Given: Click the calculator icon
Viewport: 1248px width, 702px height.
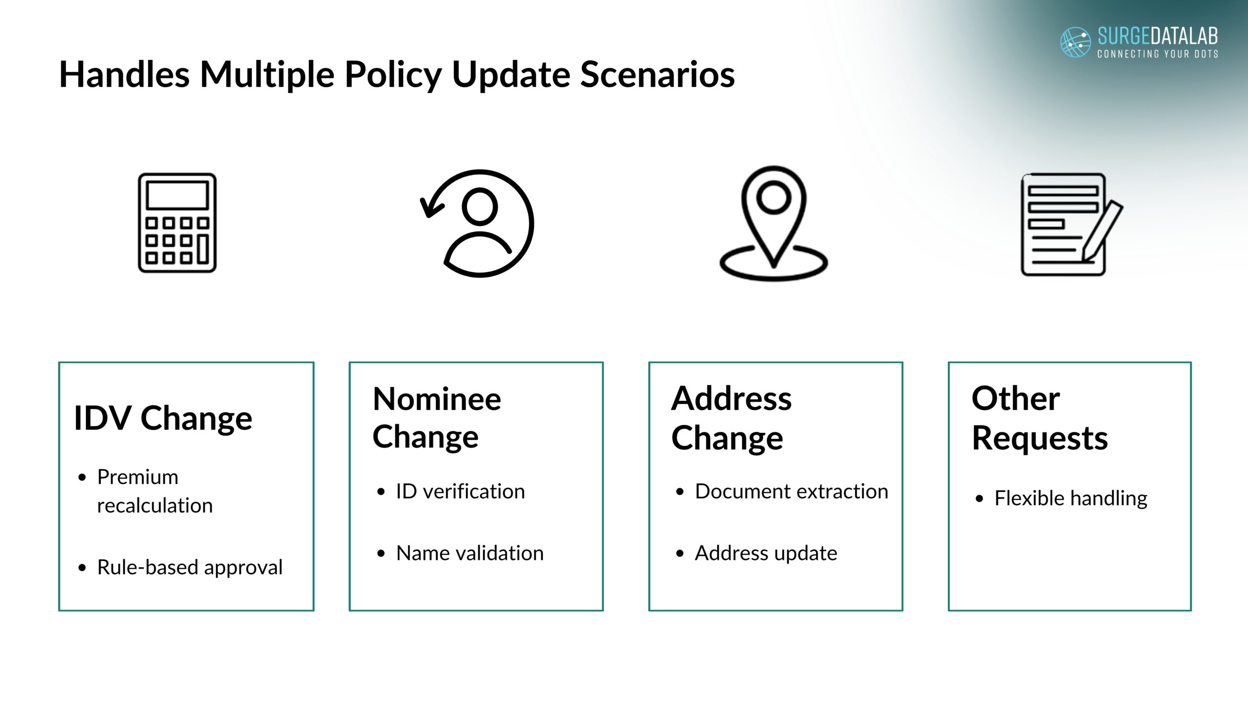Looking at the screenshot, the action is (177, 223).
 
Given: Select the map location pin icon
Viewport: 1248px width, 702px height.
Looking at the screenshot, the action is (774, 223).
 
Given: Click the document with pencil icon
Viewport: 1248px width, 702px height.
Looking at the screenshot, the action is (1072, 224).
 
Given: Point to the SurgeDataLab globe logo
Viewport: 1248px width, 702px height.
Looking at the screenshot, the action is (1075, 42).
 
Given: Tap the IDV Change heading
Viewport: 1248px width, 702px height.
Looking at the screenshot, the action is (163, 418).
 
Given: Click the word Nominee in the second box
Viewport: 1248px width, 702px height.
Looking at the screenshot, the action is (437, 399).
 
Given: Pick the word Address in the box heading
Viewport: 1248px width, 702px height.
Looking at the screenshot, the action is (731, 398).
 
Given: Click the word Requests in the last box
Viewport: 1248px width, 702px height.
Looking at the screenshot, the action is (1040, 438).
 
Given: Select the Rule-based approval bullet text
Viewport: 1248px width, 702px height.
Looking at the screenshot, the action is (190, 567).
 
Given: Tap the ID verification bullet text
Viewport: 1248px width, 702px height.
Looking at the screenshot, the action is (460, 491).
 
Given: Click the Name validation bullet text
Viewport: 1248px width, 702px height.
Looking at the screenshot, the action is (470, 553).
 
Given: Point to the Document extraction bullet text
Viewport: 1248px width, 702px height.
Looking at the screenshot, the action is (792, 491).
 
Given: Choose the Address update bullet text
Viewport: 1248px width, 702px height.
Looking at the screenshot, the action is (766, 553).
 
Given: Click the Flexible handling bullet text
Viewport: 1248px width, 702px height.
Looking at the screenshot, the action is (1071, 498).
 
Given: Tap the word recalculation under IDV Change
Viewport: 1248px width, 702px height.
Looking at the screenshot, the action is (155, 506).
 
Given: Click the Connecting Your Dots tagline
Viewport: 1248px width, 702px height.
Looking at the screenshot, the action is (1158, 54).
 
